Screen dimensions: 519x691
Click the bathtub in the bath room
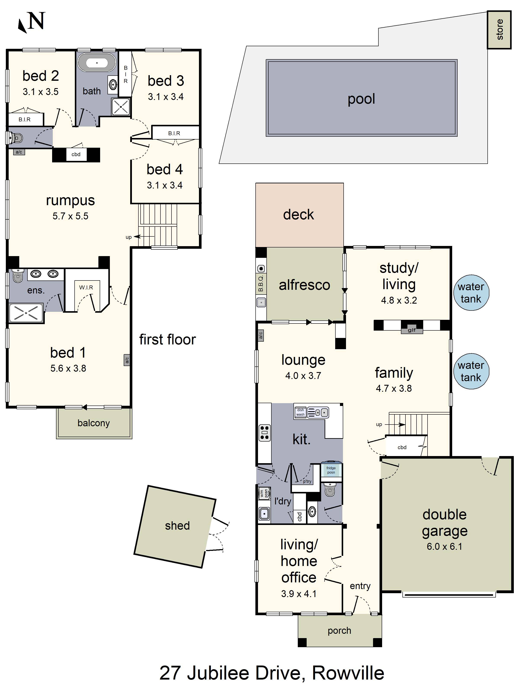(x=97, y=62)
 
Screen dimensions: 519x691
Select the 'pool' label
(x=361, y=99)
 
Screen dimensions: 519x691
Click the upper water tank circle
(x=471, y=293)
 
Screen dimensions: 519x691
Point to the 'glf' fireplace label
(x=412, y=330)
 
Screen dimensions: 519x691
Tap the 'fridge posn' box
(x=331, y=470)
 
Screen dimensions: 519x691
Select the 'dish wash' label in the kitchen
(x=300, y=412)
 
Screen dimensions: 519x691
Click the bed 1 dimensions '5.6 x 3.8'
(x=68, y=368)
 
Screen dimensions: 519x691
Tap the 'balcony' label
(x=94, y=423)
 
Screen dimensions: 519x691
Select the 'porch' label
(x=340, y=631)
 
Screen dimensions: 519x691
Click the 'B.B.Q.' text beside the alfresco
(x=261, y=283)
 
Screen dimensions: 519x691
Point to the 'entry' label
(x=360, y=586)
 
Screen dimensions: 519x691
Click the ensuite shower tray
(x=26, y=313)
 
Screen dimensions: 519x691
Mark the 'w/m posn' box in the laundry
(x=264, y=493)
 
